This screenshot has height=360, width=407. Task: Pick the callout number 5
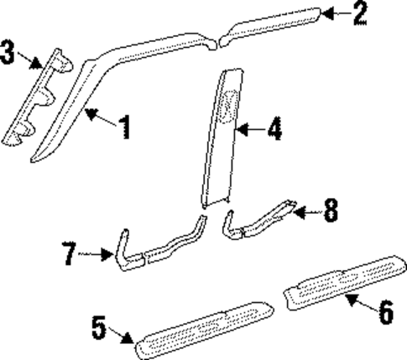(99, 327)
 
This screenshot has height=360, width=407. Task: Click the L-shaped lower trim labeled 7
(134, 252)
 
